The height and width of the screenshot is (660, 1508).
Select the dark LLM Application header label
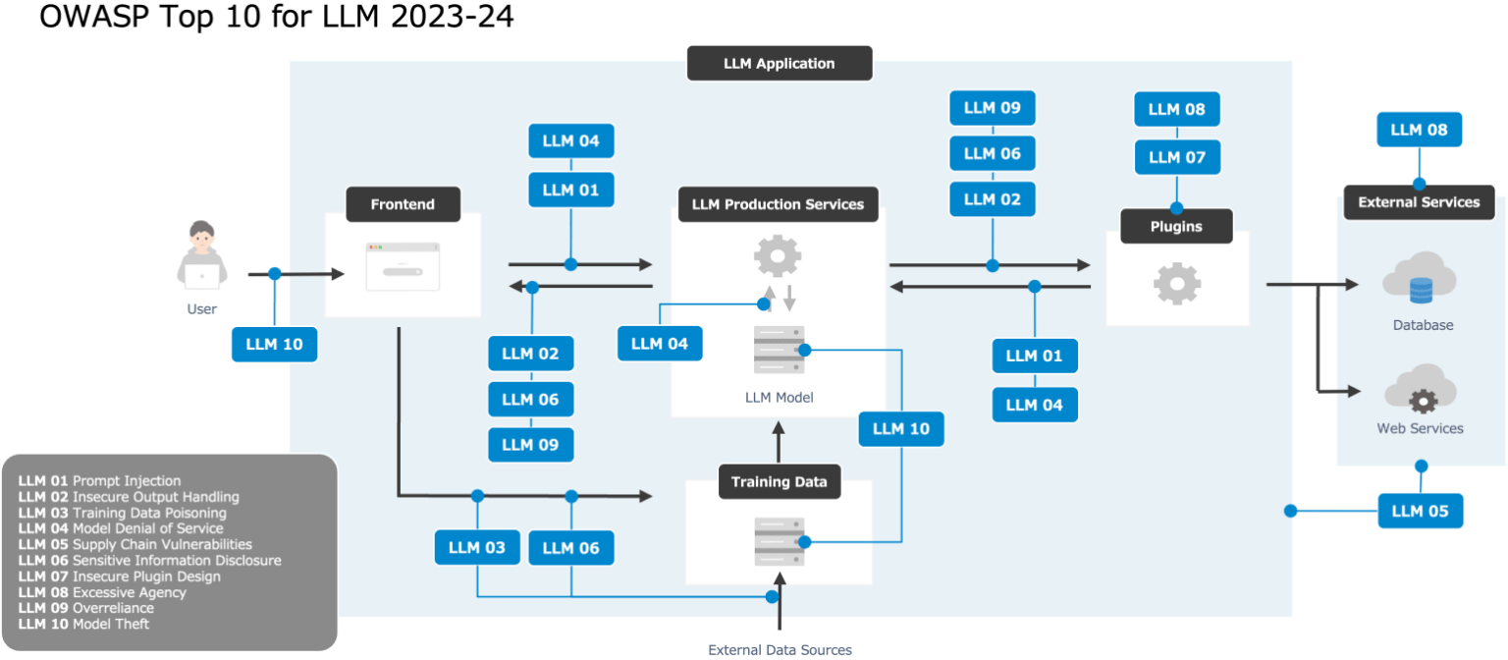pyautogui.click(x=779, y=63)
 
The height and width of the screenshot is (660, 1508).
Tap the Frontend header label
pyautogui.click(x=403, y=204)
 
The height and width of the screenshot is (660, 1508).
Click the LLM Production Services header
pyautogui.click(x=778, y=204)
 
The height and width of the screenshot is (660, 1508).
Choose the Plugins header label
pyautogui.click(x=1176, y=226)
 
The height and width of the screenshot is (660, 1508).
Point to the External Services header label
pyautogui.click(x=1419, y=202)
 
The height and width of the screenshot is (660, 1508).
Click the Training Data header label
pyautogui.click(x=779, y=481)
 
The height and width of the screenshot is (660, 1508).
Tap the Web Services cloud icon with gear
pyautogui.click(x=1421, y=389)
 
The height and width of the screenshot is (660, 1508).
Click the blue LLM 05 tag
pyautogui.click(x=1420, y=511)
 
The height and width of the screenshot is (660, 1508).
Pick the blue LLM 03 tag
pyautogui.click(x=477, y=547)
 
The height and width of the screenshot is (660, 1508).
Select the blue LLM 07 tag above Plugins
pyautogui.click(x=1177, y=157)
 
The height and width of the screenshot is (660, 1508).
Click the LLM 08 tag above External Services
pyautogui.click(x=1419, y=130)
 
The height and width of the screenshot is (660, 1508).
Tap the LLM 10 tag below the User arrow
pyautogui.click(x=274, y=345)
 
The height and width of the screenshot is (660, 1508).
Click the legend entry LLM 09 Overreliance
pyautogui.click(x=85, y=608)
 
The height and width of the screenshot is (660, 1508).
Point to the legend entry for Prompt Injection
pyautogui.click(x=99, y=481)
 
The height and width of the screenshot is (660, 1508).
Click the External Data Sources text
pyautogui.click(x=780, y=649)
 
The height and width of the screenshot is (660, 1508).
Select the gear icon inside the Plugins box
pyautogui.click(x=1177, y=284)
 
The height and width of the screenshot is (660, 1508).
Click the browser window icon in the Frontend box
pyautogui.click(x=403, y=266)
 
